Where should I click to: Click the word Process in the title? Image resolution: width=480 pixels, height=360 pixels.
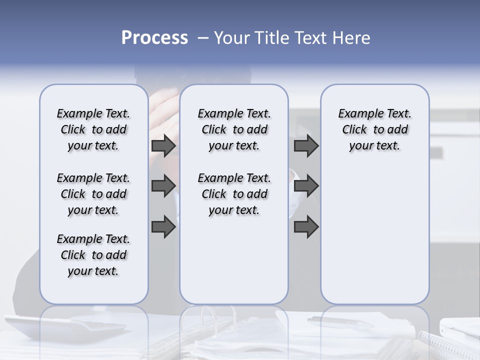[x=154, y=38]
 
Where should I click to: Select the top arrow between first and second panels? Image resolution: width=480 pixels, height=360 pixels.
[x=163, y=146]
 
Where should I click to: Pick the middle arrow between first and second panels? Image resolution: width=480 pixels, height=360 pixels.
[x=163, y=186]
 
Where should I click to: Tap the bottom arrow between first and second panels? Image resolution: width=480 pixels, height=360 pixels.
[x=163, y=227]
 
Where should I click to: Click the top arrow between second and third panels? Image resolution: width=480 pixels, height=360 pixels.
[x=306, y=146]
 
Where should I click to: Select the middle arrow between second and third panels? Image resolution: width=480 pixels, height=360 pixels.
[x=306, y=186]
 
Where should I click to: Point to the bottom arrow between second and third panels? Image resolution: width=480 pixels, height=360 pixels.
[x=306, y=227]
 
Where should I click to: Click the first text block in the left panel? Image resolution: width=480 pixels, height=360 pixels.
[x=93, y=129]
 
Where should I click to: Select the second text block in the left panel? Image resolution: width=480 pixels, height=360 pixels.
[x=93, y=194]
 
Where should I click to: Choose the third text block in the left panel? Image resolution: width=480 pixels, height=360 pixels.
[x=93, y=255]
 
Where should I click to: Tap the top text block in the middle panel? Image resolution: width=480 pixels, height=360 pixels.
[x=234, y=129]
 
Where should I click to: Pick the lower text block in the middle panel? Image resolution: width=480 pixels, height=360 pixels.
[x=234, y=194]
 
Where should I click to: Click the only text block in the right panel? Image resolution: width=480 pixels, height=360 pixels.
[x=374, y=129]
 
